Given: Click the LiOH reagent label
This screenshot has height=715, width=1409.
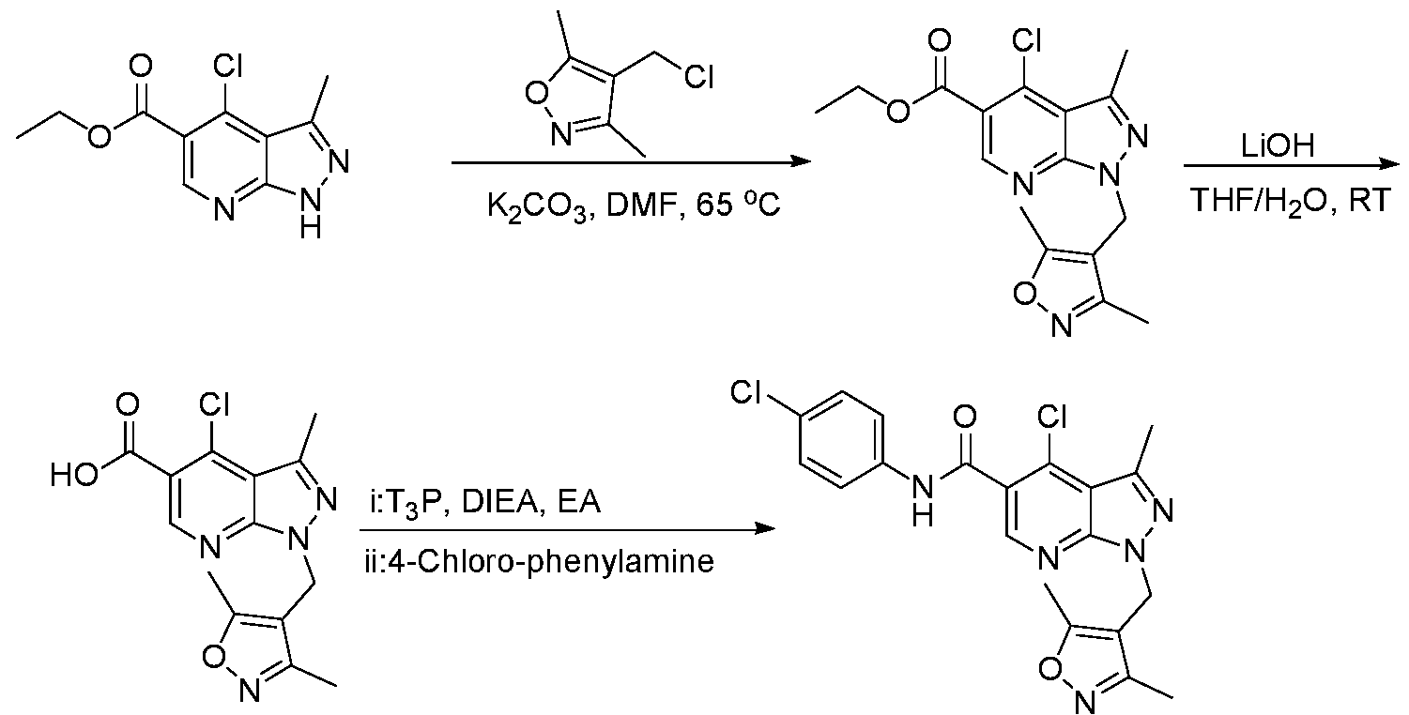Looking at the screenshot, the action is tap(1278, 146).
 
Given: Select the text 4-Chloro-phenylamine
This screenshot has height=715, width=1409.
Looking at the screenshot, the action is tap(540, 561).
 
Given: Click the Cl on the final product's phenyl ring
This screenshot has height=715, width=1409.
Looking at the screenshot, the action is tap(746, 393).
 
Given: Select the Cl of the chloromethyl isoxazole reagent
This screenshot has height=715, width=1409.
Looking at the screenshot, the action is tap(698, 77).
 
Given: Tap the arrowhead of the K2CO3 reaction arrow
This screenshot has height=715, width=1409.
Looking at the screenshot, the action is tap(801, 162).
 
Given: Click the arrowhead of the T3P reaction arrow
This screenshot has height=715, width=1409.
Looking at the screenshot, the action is tap(765, 528).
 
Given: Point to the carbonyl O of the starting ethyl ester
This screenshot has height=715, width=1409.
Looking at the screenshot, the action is tap(140, 66).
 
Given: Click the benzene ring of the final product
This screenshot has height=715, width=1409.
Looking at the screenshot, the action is tap(836, 439).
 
